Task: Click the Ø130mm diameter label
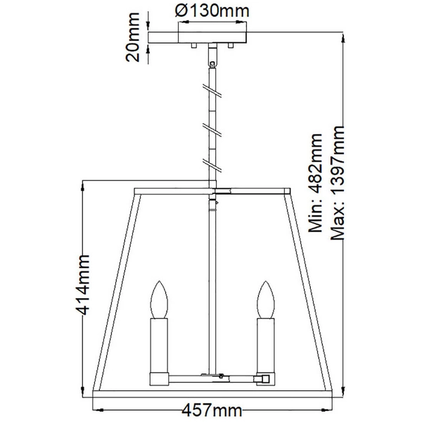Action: (205, 12)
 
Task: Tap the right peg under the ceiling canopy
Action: (230, 46)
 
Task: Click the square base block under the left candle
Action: (159, 378)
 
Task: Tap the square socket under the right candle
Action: (265, 378)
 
